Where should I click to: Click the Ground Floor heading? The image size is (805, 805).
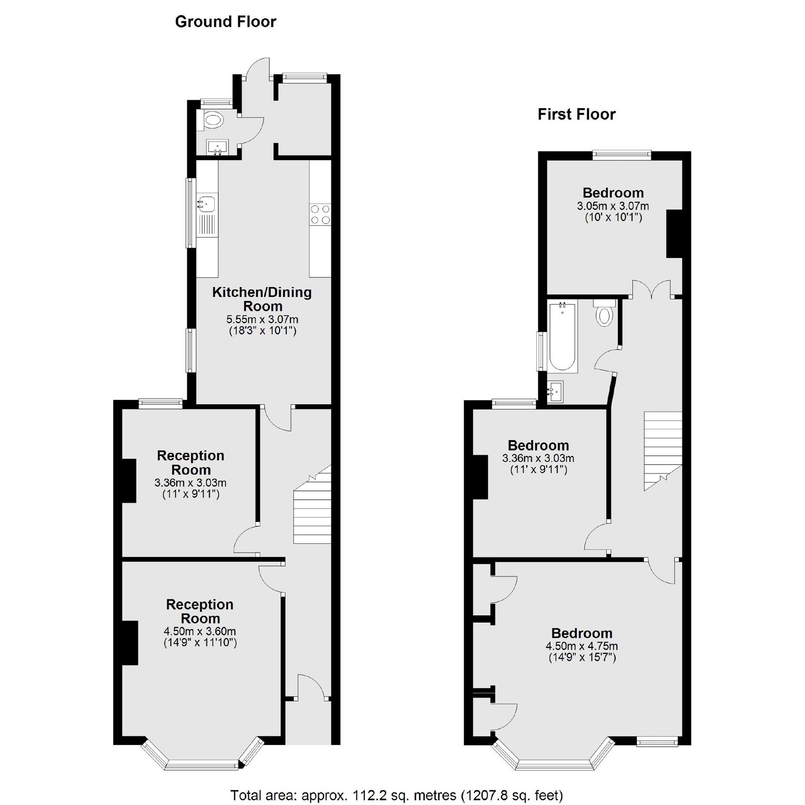click(x=225, y=22)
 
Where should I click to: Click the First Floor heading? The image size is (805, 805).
click(x=576, y=114)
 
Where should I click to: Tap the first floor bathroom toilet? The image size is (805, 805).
click(x=604, y=314)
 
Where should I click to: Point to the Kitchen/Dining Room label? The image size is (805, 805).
click(x=262, y=299)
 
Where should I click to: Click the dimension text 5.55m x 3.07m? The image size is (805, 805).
click(x=262, y=320)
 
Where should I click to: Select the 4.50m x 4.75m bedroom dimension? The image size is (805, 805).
click(x=581, y=646)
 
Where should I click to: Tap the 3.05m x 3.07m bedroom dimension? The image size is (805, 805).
click(x=613, y=206)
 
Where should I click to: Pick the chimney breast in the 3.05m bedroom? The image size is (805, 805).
click(x=674, y=234)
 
